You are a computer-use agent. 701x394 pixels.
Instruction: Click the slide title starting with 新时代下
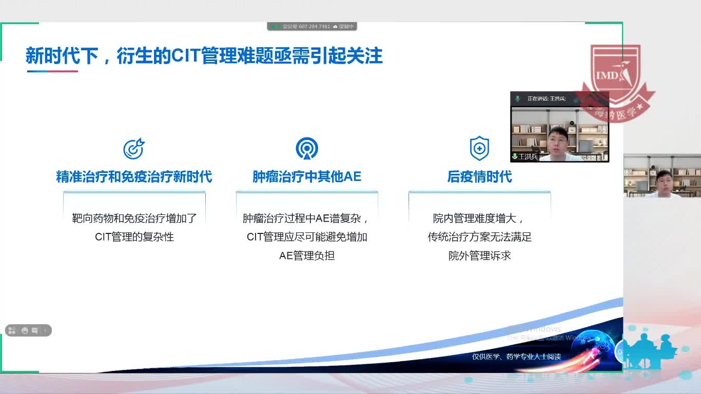coord(204,56)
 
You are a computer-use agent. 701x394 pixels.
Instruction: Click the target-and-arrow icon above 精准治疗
coord(134,148)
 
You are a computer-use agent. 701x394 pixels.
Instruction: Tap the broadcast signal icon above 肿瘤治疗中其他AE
coord(307,148)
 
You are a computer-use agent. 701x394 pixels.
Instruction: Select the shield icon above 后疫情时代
coord(479,148)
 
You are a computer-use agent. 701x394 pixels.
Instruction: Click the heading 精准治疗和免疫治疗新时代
coord(134,177)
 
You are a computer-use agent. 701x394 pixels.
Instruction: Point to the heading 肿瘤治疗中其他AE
coord(307,177)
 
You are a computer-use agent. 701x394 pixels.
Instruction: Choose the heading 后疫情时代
coord(479,177)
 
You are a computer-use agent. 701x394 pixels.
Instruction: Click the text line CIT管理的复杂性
coord(134,237)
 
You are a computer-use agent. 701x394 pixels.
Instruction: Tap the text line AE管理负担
coord(307,255)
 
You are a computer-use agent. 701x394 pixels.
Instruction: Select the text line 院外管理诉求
coord(479,255)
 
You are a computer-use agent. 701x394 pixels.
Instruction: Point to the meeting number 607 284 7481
coord(314,27)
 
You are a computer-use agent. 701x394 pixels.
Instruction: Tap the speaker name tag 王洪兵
coord(528,156)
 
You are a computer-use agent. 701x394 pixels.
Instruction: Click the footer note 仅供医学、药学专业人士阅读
coord(516,357)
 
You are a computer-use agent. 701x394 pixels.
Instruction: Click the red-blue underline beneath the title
coord(52,71)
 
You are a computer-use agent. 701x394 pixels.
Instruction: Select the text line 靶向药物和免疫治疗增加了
coord(134,219)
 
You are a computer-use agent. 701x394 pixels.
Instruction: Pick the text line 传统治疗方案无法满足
coord(479,237)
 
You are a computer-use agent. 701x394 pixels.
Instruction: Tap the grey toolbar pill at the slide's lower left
coord(28,330)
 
